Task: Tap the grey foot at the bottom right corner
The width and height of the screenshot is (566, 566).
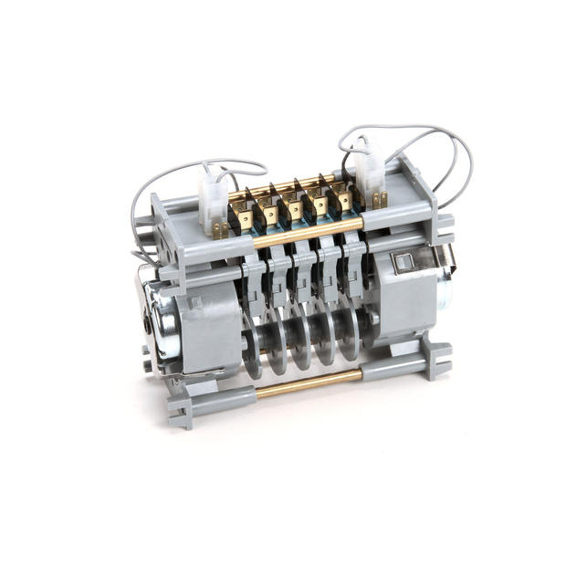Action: [x=438, y=361]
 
